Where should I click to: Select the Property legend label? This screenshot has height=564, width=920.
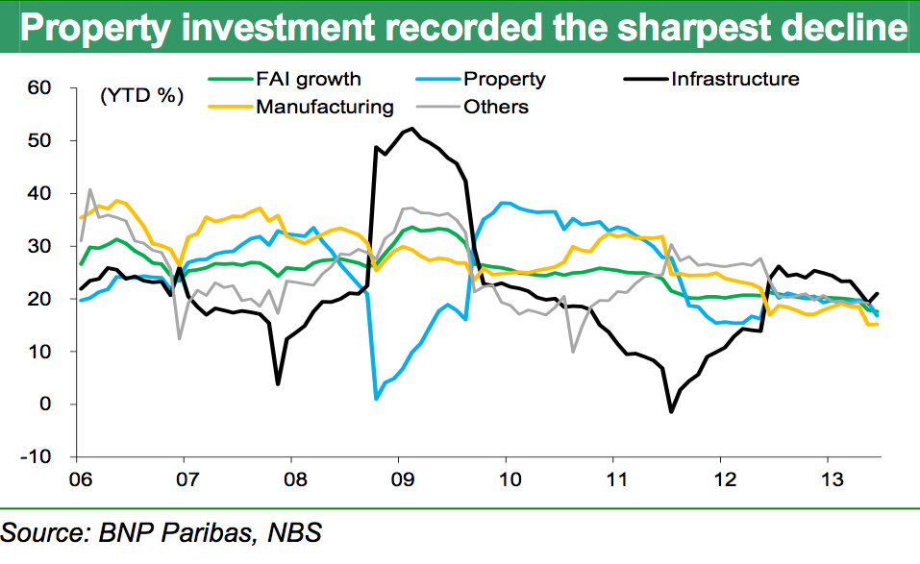pyautogui.click(x=504, y=79)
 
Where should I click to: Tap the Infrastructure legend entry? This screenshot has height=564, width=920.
pyautogui.click(x=735, y=79)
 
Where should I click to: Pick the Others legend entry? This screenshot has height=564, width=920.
pyautogui.click(x=495, y=107)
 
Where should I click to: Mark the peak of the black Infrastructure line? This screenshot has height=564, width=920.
pyautogui.click(x=412, y=129)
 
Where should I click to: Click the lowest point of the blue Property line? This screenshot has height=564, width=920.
pyautogui.click(x=376, y=398)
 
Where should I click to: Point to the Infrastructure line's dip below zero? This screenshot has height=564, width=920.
pyautogui.click(x=671, y=411)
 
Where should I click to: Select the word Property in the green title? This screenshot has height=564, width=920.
pyautogui.click(x=86, y=29)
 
